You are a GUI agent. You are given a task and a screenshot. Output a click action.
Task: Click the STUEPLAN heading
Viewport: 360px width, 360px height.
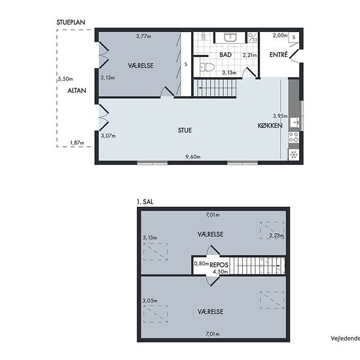point(71,22)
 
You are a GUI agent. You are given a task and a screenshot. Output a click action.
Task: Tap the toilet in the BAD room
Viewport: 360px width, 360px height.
point(207,67)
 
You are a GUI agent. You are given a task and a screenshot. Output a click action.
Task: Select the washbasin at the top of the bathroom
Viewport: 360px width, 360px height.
point(230,37)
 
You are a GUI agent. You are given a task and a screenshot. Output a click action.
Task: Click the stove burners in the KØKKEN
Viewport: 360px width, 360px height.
point(294,137)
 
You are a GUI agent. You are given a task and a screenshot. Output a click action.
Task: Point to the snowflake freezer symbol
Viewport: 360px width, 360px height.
point(294,154)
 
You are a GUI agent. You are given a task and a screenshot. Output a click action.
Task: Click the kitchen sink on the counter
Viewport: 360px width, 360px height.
point(295,122)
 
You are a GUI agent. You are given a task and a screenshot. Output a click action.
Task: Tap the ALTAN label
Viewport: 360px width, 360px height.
point(77,90)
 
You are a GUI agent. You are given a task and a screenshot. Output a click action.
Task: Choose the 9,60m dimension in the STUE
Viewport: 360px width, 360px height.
point(193,157)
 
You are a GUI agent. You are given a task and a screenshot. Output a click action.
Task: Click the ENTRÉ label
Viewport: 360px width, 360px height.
point(278,54)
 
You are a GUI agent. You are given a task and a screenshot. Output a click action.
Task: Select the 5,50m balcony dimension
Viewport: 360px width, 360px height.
point(65,79)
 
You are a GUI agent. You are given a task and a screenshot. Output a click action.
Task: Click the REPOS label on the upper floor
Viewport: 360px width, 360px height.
point(219,265)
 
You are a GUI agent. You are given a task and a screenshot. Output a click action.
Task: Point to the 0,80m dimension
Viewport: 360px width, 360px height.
point(202,264)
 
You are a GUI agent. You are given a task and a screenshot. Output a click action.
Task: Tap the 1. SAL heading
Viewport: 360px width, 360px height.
point(145,202)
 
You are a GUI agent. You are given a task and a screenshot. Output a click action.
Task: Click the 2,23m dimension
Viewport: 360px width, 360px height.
point(276,236)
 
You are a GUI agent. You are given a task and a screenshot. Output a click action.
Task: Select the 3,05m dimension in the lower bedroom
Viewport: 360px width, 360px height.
point(150,300)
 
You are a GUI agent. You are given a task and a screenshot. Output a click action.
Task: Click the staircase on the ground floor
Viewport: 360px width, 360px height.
point(215,88)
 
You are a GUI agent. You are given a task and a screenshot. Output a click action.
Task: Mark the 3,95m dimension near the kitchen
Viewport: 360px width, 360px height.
point(280,116)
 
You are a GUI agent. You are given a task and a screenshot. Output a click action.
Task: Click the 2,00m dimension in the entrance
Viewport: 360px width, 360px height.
point(280,35)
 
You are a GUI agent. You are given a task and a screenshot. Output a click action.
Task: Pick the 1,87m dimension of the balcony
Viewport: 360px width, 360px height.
point(77,143)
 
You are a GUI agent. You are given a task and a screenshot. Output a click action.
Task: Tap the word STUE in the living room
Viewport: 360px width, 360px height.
point(185,130)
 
